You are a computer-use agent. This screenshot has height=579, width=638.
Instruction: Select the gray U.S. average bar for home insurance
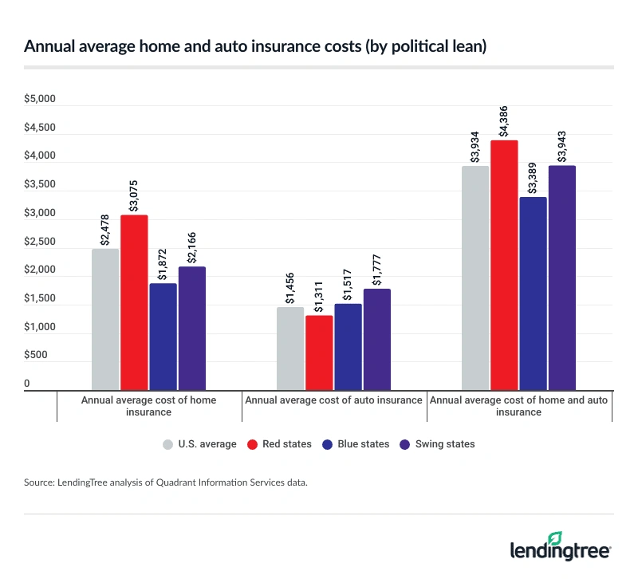point(105,318)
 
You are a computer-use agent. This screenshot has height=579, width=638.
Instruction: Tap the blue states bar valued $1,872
point(163,336)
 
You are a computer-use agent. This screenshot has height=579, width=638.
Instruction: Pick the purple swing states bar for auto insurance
point(377,338)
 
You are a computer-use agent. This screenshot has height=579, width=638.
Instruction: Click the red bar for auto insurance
point(319,352)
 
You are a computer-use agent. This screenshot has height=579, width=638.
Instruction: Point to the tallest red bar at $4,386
point(504,264)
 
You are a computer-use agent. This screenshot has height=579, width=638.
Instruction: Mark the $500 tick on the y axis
point(39,356)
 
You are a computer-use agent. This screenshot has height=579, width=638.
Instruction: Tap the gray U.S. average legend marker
point(167,444)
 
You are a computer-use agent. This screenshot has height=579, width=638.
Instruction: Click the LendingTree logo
point(560,547)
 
